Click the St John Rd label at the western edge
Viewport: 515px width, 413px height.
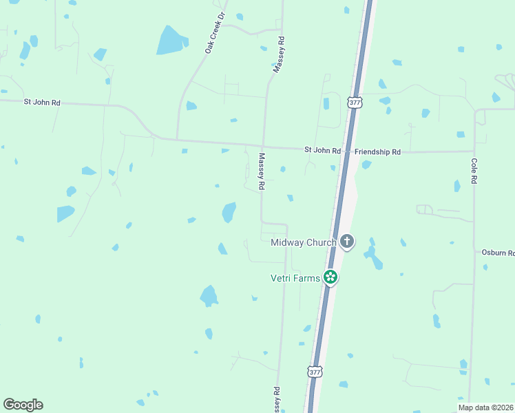42,102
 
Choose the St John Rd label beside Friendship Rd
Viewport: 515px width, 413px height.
323,150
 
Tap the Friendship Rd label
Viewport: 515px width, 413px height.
377,151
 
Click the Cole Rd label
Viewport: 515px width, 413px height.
474,169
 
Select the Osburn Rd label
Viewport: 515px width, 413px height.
498,253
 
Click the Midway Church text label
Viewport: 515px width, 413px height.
304,242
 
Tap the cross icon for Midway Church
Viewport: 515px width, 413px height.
347,242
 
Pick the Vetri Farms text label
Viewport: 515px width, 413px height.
295,277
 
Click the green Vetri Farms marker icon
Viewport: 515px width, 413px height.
331,277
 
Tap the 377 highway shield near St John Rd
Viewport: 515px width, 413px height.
355,102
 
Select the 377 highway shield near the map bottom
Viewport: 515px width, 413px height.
314,372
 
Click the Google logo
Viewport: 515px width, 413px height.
23,405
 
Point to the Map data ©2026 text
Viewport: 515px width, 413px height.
485,407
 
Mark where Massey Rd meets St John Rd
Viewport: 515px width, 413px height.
264,147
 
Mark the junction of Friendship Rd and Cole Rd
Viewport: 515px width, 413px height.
474,151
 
